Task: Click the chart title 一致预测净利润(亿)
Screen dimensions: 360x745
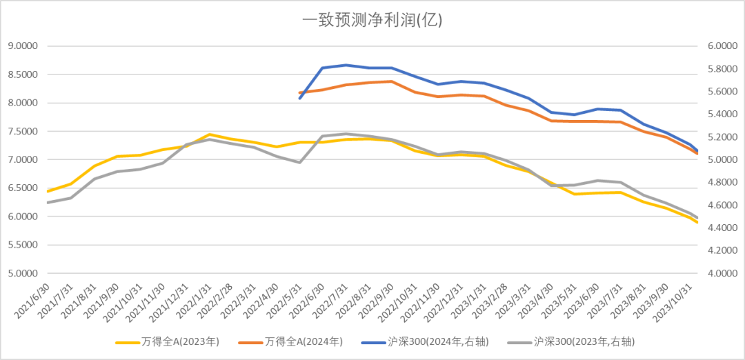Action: (x=372, y=20)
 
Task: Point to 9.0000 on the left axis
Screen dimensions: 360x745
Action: (x=22, y=46)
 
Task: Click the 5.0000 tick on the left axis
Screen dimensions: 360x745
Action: (x=22, y=273)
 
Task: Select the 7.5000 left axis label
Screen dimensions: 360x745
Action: (x=22, y=132)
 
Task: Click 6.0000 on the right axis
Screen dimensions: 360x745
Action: (x=722, y=46)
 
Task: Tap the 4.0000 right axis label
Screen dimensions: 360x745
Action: (x=722, y=273)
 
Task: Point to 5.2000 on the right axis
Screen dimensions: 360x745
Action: (x=722, y=137)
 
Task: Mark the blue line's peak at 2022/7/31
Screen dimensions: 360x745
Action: (x=346, y=65)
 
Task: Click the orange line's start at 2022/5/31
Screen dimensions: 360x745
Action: (x=299, y=92)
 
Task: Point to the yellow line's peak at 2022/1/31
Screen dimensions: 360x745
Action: (x=209, y=134)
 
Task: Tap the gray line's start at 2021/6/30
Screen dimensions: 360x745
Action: (x=47, y=203)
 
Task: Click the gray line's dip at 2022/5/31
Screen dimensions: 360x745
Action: (x=299, y=162)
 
